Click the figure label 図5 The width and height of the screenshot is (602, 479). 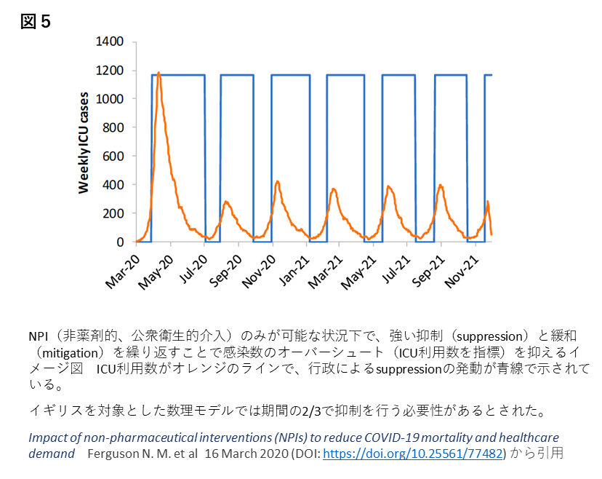click(36, 23)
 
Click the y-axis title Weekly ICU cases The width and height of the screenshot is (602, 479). click(84, 143)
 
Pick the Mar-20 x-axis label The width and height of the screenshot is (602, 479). click(121, 269)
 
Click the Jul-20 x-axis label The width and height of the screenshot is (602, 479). click(191, 269)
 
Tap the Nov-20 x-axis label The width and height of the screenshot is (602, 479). click(260, 269)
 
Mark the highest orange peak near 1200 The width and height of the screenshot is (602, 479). click(158, 73)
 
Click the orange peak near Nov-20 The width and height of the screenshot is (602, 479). click(277, 181)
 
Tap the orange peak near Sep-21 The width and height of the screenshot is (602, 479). click(441, 185)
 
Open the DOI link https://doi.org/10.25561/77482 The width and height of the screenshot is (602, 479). click(413, 453)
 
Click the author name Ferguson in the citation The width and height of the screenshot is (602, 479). click(112, 453)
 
